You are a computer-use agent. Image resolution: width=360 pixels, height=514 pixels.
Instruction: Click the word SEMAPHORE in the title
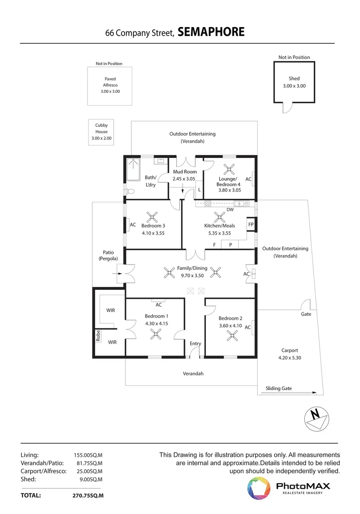(211, 32)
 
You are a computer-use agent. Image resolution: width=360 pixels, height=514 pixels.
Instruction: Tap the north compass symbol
(315, 417)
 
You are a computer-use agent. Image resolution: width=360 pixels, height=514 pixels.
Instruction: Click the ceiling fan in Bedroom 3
(152, 217)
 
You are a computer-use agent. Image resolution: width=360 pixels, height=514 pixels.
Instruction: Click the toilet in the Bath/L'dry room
(129, 191)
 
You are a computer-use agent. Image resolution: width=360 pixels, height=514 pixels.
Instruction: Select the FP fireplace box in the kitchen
(251, 224)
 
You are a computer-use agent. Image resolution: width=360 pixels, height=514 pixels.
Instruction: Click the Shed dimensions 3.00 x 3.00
(294, 86)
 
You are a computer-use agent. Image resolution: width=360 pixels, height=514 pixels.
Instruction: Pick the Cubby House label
(101, 128)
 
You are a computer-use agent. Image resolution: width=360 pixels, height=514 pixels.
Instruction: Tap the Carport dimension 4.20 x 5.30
(290, 358)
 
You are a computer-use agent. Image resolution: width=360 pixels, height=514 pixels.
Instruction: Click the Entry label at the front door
(195, 344)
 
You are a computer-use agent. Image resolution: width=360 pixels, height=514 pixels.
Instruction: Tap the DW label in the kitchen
(230, 209)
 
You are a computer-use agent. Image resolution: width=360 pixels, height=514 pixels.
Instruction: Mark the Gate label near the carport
(306, 314)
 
